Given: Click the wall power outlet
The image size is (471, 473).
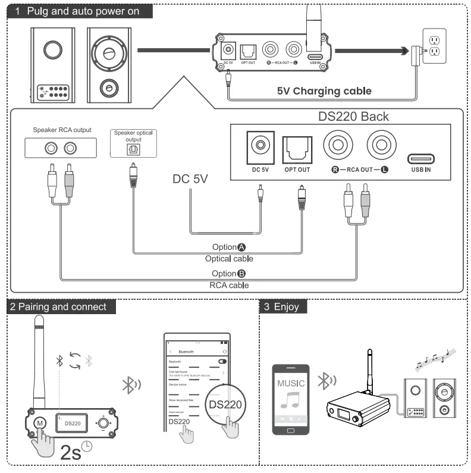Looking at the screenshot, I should point(432,46).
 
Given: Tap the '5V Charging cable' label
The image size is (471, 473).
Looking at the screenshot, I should point(324,91).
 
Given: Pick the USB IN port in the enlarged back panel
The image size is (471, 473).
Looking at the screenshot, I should point(420,159).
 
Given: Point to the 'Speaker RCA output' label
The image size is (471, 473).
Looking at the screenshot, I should point(62,130).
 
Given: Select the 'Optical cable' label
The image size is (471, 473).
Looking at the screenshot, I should point(229,259).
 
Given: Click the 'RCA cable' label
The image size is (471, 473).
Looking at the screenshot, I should point(229,285).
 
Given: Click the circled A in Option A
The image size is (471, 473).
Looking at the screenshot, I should point(241,248).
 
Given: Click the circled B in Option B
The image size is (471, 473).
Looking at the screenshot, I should point(241,274).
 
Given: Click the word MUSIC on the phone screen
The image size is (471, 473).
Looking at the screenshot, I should point(291,383).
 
